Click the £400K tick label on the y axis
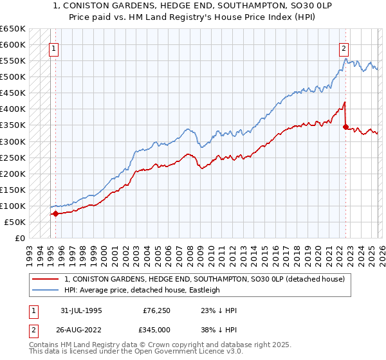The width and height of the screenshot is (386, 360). pyautogui.click(x=12, y=109)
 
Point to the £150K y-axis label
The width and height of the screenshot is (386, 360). pyautogui.click(x=12, y=190)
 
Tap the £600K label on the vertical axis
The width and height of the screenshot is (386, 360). pyautogui.click(x=12, y=45)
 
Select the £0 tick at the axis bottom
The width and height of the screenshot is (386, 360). pyautogui.click(x=20, y=238)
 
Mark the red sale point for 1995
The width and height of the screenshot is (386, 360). pyautogui.click(x=55, y=213)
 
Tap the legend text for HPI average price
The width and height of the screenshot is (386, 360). pyautogui.click(x=142, y=290)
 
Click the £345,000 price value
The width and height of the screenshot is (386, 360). pyautogui.click(x=158, y=330)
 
